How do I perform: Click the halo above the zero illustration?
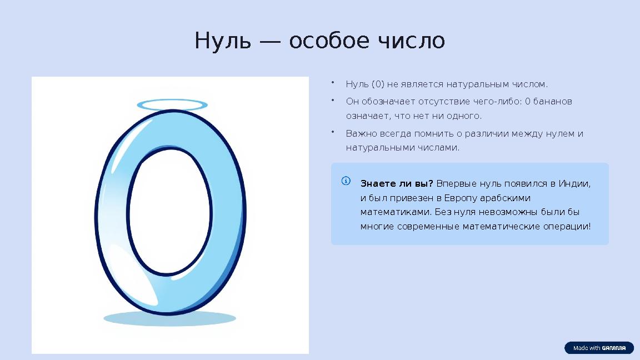[x=172, y=104]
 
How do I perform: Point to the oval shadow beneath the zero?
[x=170, y=318]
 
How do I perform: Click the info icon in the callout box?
[x=346, y=181]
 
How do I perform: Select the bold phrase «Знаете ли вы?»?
[x=397, y=184]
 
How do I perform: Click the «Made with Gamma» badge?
[x=599, y=348]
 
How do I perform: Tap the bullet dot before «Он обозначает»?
[x=332, y=100]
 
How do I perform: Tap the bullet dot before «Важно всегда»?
[x=332, y=132]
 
